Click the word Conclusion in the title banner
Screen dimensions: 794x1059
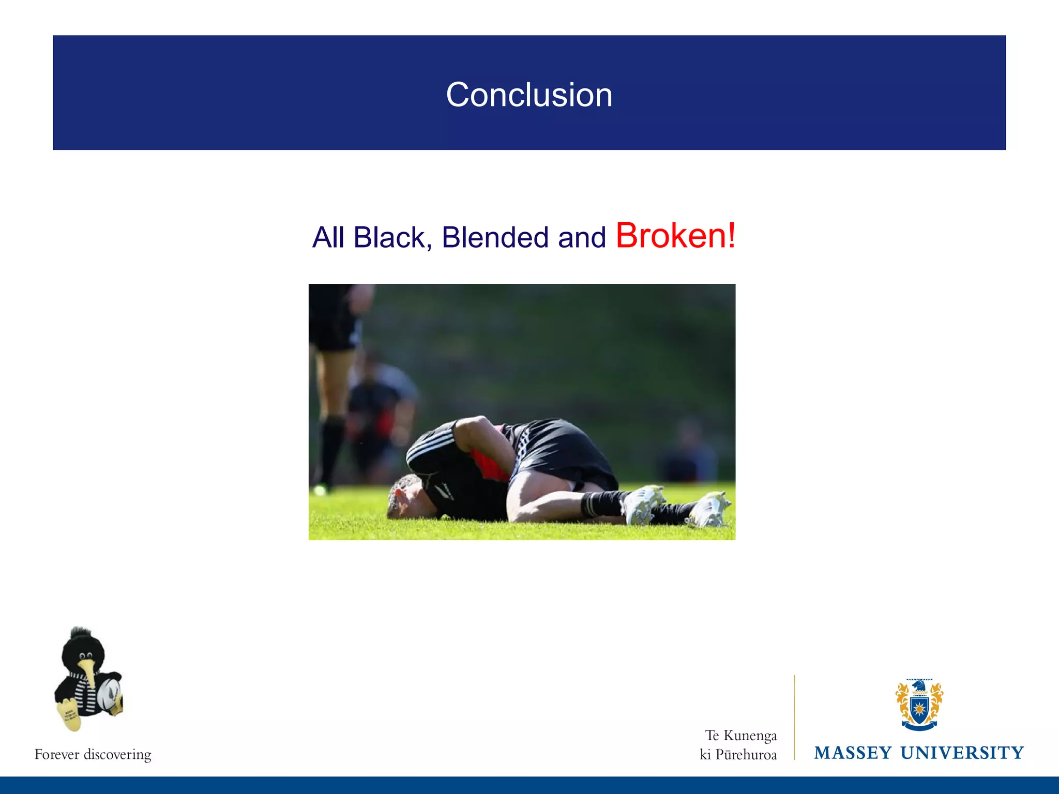coord(529,95)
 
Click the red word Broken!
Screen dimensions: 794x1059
coord(675,236)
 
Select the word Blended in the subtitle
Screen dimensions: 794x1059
coord(495,238)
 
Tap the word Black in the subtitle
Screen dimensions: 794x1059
coord(389,238)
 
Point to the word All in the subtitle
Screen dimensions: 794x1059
coord(328,238)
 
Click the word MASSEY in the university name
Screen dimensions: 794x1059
coord(853,753)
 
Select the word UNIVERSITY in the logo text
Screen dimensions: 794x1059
coord(962,753)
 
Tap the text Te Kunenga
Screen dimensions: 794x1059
coord(741,735)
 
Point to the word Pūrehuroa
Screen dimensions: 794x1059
coord(746,755)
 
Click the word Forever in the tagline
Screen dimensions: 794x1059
coord(56,754)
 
